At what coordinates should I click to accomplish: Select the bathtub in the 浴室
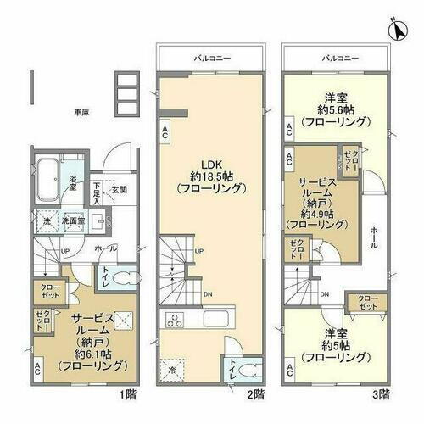[49, 178]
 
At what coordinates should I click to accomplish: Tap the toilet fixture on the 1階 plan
[123, 277]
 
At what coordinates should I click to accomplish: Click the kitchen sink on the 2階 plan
[213, 321]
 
